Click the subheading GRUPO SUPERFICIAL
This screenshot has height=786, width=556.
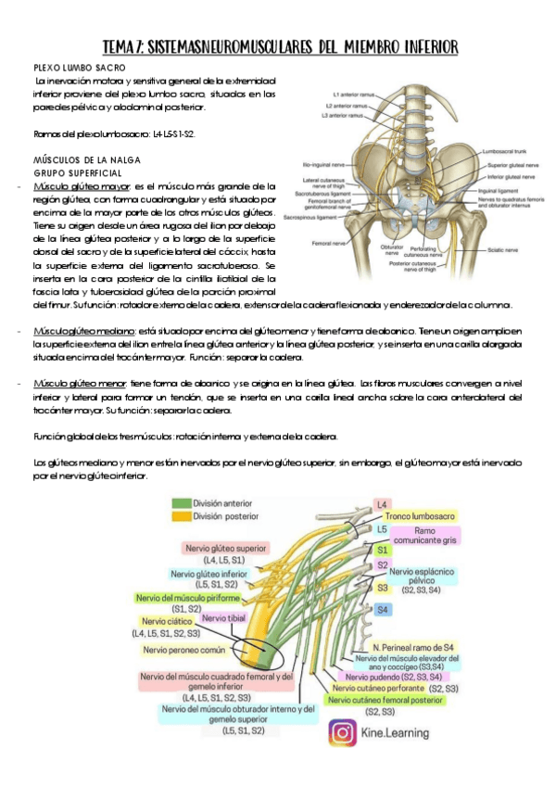(x=78, y=172)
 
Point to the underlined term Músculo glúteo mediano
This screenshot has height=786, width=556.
(x=84, y=331)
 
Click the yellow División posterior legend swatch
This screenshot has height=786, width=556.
(x=180, y=516)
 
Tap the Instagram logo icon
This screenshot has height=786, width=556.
(x=343, y=732)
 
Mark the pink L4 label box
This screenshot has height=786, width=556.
(x=382, y=505)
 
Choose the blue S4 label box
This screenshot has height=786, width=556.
(x=382, y=609)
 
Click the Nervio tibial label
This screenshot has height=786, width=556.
(x=222, y=618)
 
